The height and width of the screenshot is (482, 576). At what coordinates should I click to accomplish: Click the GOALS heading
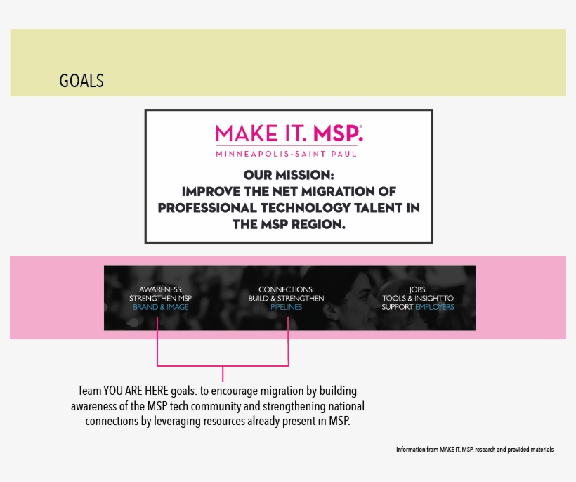(x=81, y=81)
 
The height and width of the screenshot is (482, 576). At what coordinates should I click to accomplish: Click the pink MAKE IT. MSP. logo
(x=289, y=133)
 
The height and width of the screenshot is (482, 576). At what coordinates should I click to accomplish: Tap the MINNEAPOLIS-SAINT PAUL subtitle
(x=286, y=154)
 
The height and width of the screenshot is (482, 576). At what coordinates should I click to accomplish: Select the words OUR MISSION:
(x=289, y=175)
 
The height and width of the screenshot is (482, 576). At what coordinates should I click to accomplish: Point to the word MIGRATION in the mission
(x=338, y=191)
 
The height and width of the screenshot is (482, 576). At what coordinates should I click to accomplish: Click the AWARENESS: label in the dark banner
(x=161, y=289)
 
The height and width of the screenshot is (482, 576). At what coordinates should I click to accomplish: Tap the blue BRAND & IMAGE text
(x=161, y=307)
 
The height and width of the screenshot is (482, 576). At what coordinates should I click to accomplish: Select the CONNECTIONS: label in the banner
(x=286, y=289)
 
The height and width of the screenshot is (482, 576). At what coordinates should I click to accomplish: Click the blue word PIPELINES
(x=286, y=307)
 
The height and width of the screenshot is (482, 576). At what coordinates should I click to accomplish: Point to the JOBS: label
(x=418, y=289)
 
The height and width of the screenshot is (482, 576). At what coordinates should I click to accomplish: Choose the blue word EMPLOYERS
(x=435, y=307)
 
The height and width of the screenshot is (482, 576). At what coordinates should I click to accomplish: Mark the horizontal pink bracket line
(x=223, y=366)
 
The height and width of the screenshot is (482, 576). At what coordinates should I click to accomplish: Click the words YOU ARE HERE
(x=136, y=391)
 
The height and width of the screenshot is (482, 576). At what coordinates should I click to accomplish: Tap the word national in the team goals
(x=346, y=406)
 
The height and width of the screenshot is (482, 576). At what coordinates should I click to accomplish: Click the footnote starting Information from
(x=475, y=449)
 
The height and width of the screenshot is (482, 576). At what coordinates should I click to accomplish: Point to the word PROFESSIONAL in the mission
(x=207, y=208)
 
